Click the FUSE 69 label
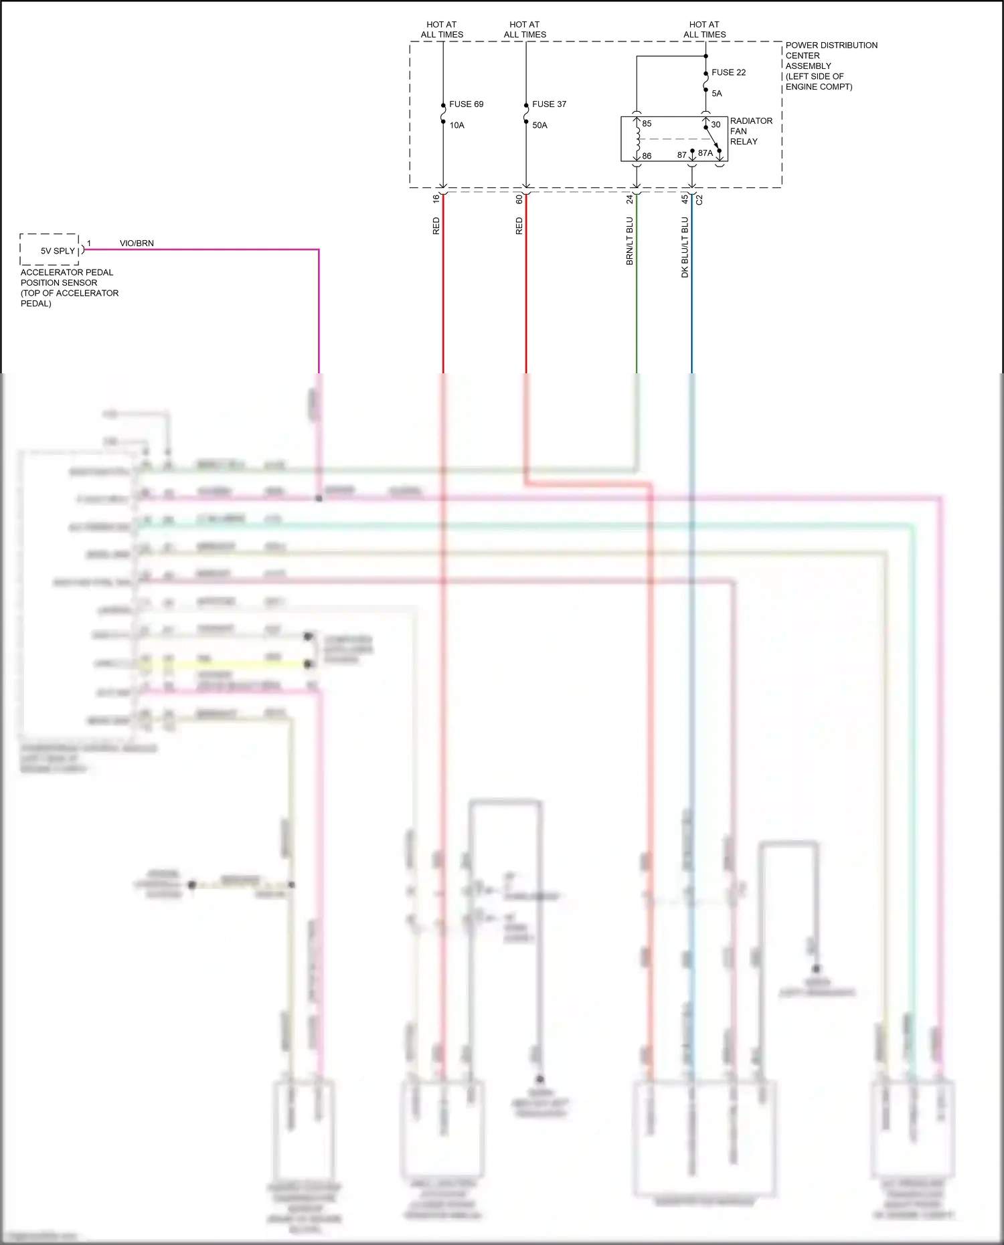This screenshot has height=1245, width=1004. (x=466, y=104)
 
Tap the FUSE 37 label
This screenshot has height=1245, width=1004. (x=549, y=104)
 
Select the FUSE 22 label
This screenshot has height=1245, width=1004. (x=728, y=72)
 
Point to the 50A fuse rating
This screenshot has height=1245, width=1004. (x=539, y=125)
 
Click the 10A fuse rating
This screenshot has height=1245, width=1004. (x=456, y=125)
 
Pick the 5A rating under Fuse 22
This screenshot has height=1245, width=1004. (x=717, y=94)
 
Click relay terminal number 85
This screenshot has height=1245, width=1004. (x=647, y=124)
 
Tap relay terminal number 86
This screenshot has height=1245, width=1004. (x=647, y=156)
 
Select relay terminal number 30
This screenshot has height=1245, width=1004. (x=716, y=124)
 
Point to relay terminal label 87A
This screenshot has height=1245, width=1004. (x=705, y=153)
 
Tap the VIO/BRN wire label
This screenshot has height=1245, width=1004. (x=137, y=244)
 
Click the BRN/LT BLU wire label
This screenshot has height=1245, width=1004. (x=630, y=241)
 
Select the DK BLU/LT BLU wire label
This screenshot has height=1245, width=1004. (x=685, y=247)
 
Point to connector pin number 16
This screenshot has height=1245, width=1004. (x=436, y=199)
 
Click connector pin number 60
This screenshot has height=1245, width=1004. (x=519, y=199)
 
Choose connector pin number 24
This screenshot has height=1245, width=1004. (x=630, y=199)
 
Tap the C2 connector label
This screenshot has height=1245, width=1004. (x=699, y=199)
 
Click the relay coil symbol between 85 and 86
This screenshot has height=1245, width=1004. (x=638, y=139)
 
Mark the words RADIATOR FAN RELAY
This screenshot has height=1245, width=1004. (x=751, y=131)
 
